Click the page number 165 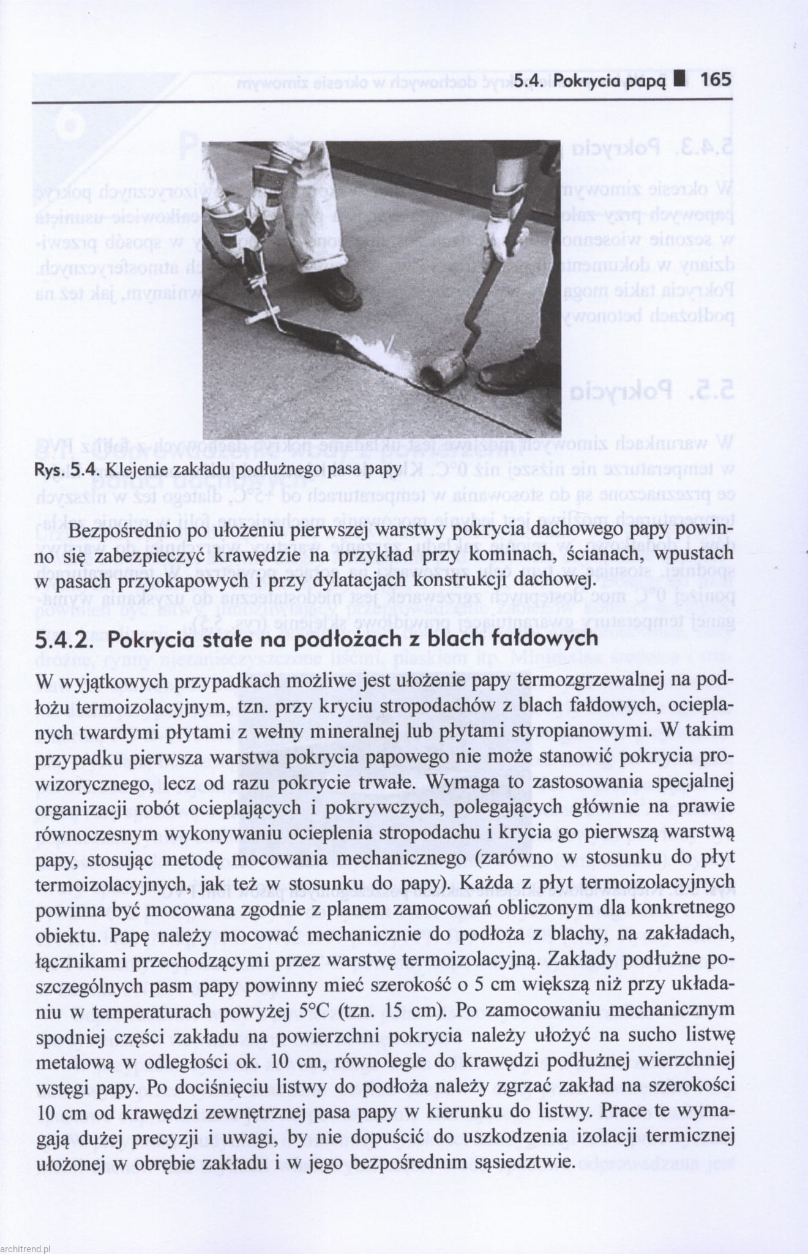(x=716, y=80)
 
